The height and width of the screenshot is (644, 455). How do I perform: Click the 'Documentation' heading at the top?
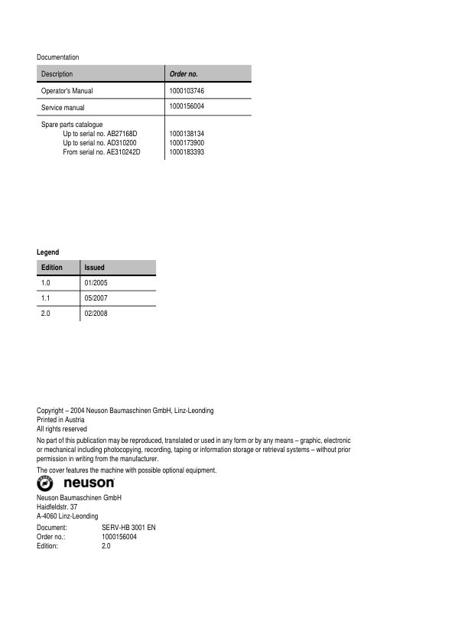57,57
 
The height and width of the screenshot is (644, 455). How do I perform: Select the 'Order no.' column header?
184,74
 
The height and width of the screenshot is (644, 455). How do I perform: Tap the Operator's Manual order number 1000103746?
187,91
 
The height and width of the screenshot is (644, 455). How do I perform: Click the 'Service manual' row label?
63,107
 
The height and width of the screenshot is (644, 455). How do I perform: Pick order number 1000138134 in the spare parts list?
187,133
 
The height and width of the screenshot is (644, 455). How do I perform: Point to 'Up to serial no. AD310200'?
99,143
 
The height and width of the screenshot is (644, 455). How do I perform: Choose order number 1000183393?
187,152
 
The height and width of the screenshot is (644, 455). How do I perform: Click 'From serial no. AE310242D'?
102,152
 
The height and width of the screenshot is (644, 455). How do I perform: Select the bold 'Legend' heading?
47,252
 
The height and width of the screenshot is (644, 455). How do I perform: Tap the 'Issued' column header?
94,268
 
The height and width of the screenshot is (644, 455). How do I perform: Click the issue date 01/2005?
96,283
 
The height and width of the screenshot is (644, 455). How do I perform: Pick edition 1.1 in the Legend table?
46,298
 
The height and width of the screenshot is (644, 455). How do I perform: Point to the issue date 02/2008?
96,314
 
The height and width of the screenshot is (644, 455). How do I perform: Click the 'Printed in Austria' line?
60,420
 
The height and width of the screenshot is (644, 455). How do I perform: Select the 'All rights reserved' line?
62,429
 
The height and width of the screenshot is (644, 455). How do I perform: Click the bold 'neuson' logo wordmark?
89,483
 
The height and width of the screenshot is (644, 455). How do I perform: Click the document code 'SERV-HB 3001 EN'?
128,529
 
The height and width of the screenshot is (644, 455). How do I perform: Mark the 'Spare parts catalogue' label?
72,124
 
